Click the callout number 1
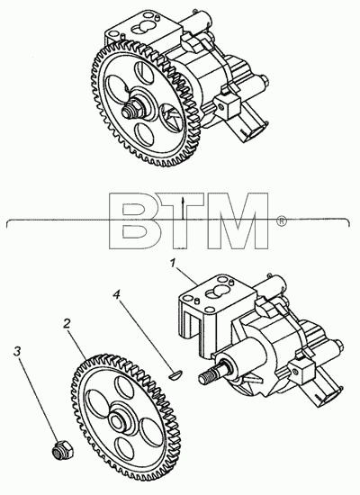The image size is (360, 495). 173,263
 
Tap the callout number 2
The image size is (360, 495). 66,324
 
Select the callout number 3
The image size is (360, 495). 18,351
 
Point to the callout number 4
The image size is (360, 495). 116,295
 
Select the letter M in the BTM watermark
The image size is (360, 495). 240,220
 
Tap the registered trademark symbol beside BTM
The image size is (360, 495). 282,220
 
